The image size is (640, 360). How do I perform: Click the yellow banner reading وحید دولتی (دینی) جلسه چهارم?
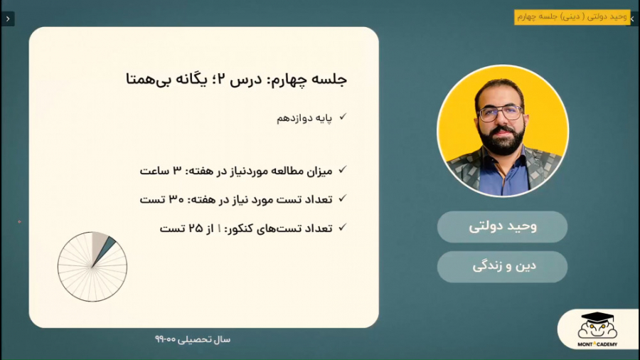572,17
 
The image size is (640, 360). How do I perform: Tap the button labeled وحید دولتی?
503,226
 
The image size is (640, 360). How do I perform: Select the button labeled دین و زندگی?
503,267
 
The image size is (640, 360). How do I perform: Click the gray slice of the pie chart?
98,243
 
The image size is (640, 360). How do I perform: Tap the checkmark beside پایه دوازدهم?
343,117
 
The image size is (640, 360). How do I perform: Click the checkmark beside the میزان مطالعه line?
343,169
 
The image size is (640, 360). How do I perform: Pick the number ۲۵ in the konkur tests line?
196,228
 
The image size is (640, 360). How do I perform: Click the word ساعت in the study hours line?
155,171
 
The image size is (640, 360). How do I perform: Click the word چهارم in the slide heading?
289,80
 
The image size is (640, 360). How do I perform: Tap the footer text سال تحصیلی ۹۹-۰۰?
193,339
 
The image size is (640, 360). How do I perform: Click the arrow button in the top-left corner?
8,18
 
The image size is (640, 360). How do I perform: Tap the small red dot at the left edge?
19,222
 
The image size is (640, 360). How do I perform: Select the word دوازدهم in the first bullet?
294,118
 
